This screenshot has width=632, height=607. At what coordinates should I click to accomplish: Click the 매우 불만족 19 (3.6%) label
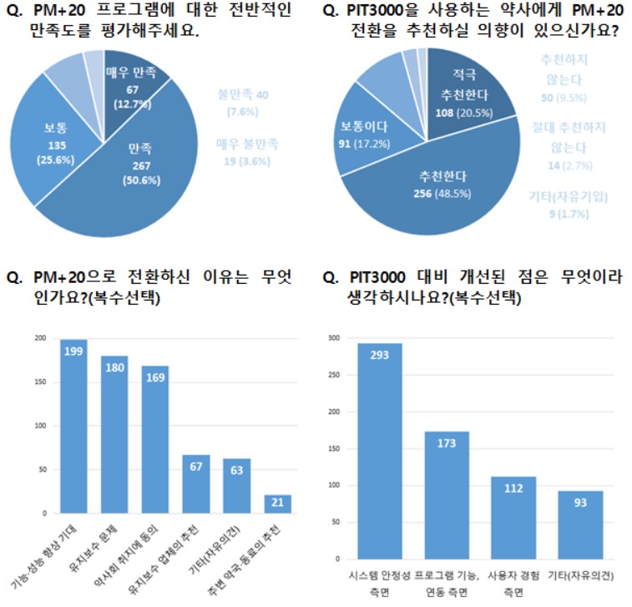pos(249,151)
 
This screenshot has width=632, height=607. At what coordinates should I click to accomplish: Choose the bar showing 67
pos(197,483)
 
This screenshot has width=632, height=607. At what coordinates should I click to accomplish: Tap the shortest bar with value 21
pos(278,503)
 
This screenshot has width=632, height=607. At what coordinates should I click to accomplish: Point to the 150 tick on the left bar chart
pos(39,382)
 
